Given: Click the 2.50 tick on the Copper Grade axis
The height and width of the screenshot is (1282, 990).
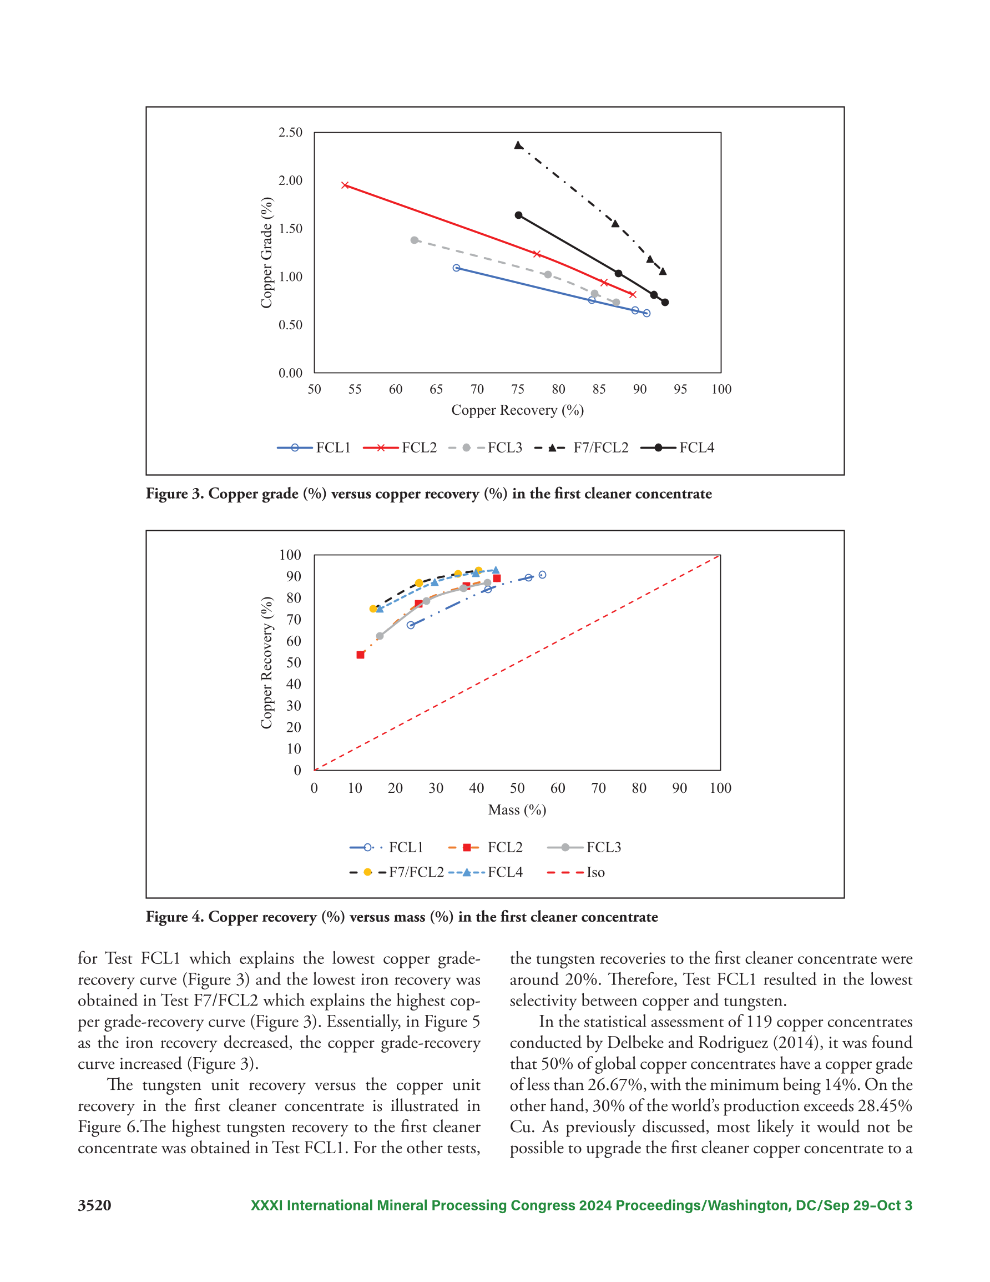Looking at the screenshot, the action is [x=290, y=133].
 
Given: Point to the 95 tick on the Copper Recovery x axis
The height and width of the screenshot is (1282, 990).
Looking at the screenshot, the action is [x=680, y=389].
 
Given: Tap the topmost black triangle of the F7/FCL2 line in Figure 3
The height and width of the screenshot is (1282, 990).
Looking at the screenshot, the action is [x=518, y=145].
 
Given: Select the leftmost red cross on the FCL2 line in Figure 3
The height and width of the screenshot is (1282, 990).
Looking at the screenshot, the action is [x=345, y=185].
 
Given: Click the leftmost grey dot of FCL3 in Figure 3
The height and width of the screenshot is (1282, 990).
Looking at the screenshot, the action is [x=415, y=240].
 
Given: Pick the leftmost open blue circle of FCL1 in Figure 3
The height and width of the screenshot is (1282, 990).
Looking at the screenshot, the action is [x=457, y=268].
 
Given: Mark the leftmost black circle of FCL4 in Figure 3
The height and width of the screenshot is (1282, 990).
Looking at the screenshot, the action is [x=518, y=215].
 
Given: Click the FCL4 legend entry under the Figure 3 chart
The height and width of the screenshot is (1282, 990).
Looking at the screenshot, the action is [x=677, y=448].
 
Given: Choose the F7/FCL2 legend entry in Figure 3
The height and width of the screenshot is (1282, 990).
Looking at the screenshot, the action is [x=581, y=448].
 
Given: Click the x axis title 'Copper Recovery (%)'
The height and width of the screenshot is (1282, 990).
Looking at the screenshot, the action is [x=517, y=410].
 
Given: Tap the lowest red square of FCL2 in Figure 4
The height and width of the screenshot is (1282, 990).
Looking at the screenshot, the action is [x=360, y=655].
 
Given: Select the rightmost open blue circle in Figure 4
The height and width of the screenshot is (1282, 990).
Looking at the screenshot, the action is [x=542, y=575].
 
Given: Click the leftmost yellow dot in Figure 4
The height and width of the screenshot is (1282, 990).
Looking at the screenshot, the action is [x=373, y=609].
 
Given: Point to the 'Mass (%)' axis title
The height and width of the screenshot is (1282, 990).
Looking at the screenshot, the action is [x=517, y=810].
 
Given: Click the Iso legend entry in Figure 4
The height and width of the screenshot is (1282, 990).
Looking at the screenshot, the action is [x=575, y=873].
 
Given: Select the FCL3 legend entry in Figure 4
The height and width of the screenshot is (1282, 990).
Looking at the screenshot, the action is [x=584, y=848].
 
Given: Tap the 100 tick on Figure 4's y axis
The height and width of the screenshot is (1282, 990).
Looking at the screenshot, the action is [x=290, y=555].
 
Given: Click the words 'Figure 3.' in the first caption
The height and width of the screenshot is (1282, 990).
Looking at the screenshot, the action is [x=175, y=494].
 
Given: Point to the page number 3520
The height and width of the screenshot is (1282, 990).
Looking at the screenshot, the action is [x=94, y=1205].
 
